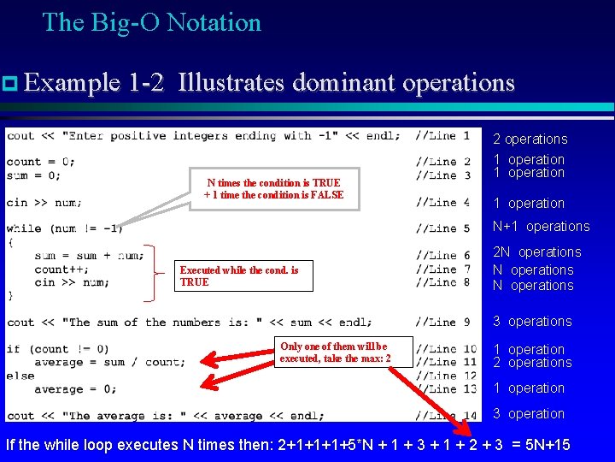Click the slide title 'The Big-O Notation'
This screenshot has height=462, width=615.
[151, 22]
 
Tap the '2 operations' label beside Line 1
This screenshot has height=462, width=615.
[530, 139]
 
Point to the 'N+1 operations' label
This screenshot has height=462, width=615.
[541, 227]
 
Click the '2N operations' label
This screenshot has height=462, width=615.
[536, 252]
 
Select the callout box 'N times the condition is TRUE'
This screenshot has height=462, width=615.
[273, 189]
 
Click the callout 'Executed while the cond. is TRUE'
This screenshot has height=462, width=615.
[239, 275]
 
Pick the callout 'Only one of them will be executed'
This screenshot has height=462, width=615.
[335, 352]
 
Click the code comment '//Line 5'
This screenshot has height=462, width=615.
[442, 228]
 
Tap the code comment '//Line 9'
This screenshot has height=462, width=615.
[442, 323]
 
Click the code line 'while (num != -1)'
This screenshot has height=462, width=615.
[64, 228]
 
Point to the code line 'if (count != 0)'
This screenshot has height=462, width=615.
[57, 349]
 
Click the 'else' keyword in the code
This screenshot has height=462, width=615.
[20, 376]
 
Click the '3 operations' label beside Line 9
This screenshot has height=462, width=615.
[532, 322]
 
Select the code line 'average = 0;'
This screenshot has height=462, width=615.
[74, 389]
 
